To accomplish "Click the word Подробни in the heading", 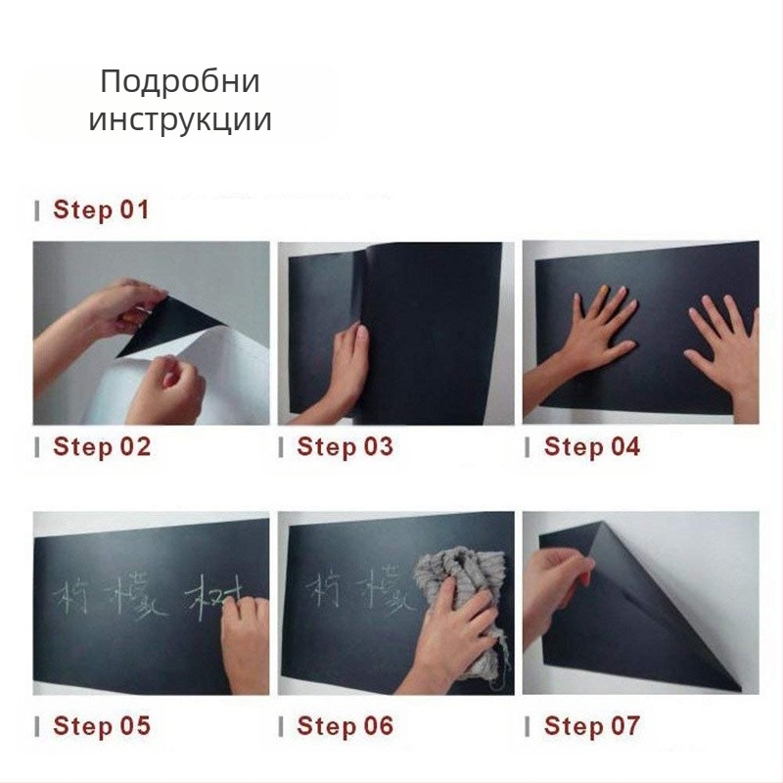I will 180,82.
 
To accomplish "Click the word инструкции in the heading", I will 180,121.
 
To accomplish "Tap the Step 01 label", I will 101,209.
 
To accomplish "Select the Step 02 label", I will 102,447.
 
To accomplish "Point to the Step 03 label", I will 345,447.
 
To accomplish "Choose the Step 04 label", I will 591,447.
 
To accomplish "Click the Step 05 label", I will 102,726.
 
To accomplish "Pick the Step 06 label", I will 345,726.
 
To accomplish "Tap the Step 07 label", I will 591,726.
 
